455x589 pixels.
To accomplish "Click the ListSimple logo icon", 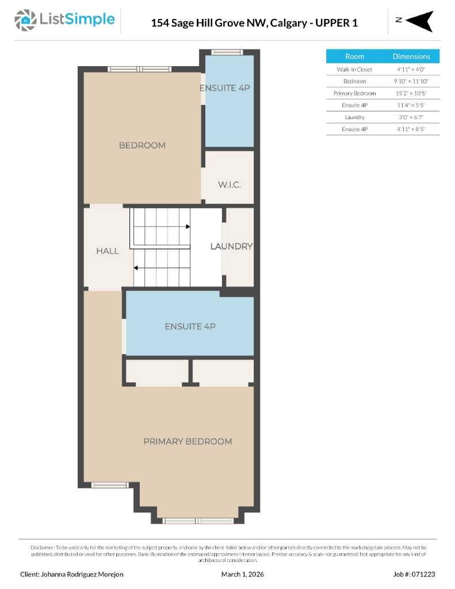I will [25, 20].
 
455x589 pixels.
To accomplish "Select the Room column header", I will [354, 56].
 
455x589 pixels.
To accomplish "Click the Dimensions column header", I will [411, 56].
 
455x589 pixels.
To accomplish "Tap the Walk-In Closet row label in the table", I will [354, 70].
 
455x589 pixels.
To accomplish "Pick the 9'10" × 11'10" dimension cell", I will [411, 82].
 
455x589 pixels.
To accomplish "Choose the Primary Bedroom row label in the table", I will [354, 93].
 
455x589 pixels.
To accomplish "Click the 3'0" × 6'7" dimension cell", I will [411, 117].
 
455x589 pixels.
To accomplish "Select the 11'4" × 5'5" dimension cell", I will [411, 105].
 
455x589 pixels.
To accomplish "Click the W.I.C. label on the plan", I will [229, 185].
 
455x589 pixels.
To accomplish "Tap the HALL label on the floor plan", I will [108, 251].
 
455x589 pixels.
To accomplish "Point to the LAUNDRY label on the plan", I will [231, 246].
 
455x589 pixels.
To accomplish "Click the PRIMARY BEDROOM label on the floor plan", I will [188, 441].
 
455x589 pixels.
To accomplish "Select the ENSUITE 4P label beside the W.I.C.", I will [225, 88].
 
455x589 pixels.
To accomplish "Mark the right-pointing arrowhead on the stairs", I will [188, 227].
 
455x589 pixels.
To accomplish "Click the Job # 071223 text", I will [414, 574].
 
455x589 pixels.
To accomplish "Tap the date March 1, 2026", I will [242, 574].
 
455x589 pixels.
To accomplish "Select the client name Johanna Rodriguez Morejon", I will [72, 574].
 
